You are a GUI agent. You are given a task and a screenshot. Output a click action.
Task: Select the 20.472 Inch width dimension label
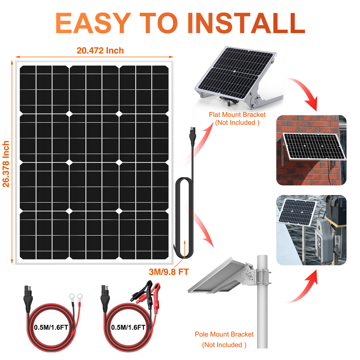point(100,51)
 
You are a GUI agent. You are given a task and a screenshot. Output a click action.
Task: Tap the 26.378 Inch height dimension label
point(6,164)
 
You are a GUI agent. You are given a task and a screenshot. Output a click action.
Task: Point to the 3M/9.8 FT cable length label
point(169,272)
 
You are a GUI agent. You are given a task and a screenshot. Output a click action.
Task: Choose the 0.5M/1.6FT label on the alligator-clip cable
point(128,327)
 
